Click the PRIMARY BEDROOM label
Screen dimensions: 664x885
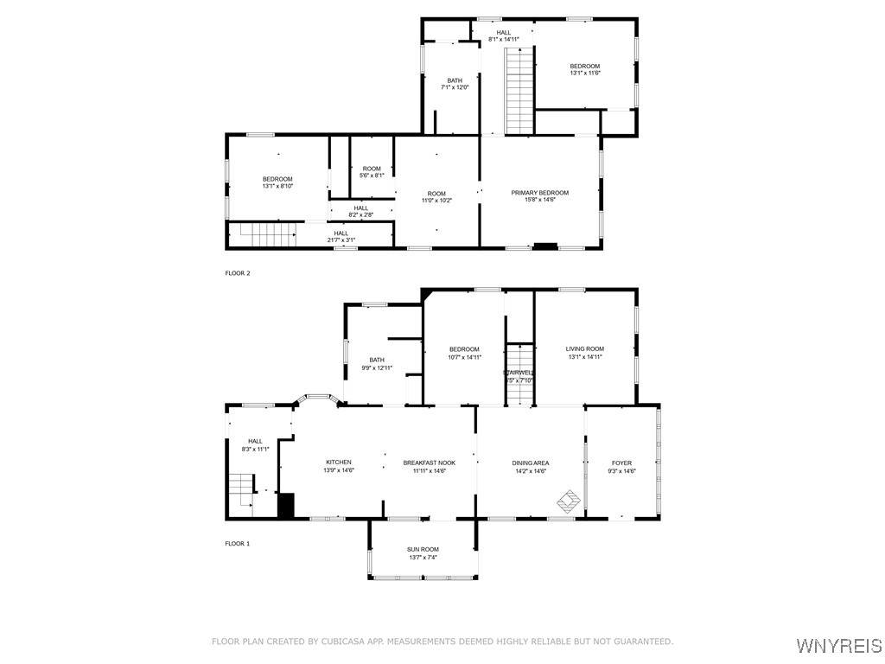point(539,193)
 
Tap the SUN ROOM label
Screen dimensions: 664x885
point(423,549)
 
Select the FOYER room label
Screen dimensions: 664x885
point(621,463)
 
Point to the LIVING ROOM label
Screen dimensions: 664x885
point(584,348)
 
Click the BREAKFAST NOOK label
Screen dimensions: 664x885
point(429,463)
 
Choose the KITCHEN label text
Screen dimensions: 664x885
point(338,463)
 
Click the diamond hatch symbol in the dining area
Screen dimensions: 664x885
point(569,500)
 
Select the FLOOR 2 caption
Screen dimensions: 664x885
point(238,273)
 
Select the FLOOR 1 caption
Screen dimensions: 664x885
point(238,544)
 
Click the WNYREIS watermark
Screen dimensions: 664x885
point(838,646)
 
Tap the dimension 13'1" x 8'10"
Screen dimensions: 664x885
point(277,186)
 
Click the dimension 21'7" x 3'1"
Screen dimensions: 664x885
point(341,239)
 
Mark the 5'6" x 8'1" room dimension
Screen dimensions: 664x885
point(372,176)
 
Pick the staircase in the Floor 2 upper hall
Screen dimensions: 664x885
point(520,91)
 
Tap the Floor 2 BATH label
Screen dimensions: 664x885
point(455,80)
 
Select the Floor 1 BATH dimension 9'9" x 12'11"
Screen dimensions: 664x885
point(377,367)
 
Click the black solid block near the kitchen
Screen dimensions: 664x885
point(286,505)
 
